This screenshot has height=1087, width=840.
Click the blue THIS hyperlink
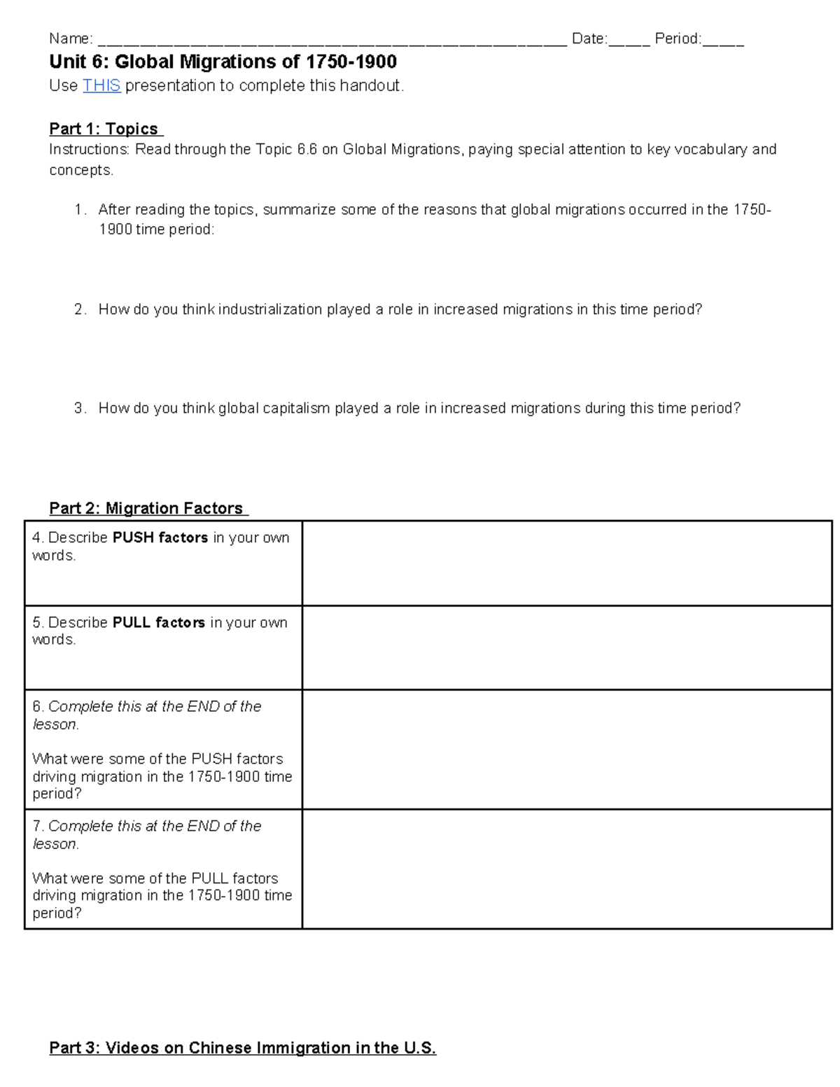(101, 86)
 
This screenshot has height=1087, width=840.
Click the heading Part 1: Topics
(105, 129)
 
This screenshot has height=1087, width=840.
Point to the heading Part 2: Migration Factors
(147, 508)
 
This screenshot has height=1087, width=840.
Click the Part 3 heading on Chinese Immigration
(242, 1048)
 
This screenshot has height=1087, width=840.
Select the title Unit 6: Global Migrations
(223, 62)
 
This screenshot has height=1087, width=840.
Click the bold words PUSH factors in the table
(160, 538)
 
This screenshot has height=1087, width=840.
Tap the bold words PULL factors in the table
(159, 622)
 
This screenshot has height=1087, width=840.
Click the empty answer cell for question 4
(566, 563)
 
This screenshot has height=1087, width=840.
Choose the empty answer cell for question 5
(566, 647)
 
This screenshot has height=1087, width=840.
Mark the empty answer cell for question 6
(566, 749)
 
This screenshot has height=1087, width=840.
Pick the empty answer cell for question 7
(566, 869)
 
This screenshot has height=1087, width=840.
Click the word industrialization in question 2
(270, 309)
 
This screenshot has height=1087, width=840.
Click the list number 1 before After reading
(79, 209)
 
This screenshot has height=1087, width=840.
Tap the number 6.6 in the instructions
(307, 149)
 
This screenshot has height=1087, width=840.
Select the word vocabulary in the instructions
(710, 149)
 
